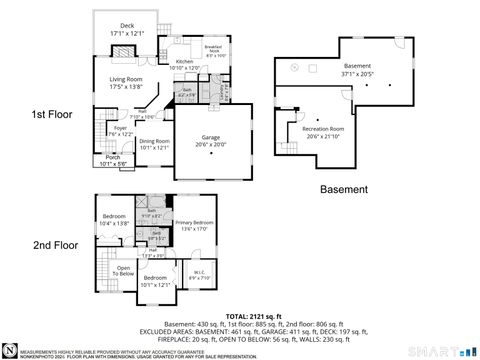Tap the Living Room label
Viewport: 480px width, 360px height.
tap(126, 79)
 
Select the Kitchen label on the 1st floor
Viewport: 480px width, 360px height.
tap(184, 62)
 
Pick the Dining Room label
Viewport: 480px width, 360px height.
tap(154, 142)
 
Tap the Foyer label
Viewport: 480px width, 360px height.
tap(119, 128)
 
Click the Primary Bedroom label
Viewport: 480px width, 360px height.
tap(196, 222)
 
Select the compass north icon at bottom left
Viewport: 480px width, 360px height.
tap(11, 349)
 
